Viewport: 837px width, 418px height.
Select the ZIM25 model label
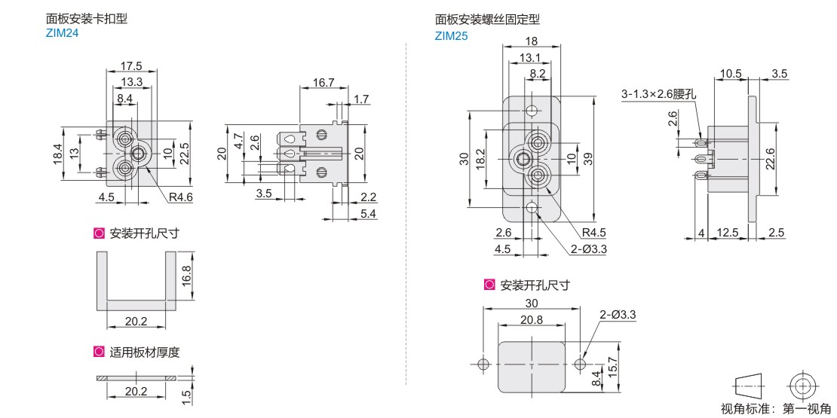[450, 36]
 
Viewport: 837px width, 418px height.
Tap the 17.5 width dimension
[131, 66]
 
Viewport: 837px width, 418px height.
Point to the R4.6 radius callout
[181, 198]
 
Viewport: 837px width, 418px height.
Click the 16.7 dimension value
[323, 82]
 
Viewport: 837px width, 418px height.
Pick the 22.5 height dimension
[199, 146]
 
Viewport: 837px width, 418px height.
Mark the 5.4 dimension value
[368, 214]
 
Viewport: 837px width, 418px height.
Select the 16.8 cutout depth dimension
[198, 276]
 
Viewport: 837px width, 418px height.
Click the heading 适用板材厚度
[145, 352]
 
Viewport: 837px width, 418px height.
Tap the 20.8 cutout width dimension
[531, 320]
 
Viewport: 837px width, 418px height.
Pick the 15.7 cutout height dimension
[614, 368]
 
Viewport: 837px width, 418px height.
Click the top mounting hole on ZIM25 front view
[531, 111]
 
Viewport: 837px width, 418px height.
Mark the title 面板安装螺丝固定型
[487, 20]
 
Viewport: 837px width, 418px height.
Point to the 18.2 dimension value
[478, 159]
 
